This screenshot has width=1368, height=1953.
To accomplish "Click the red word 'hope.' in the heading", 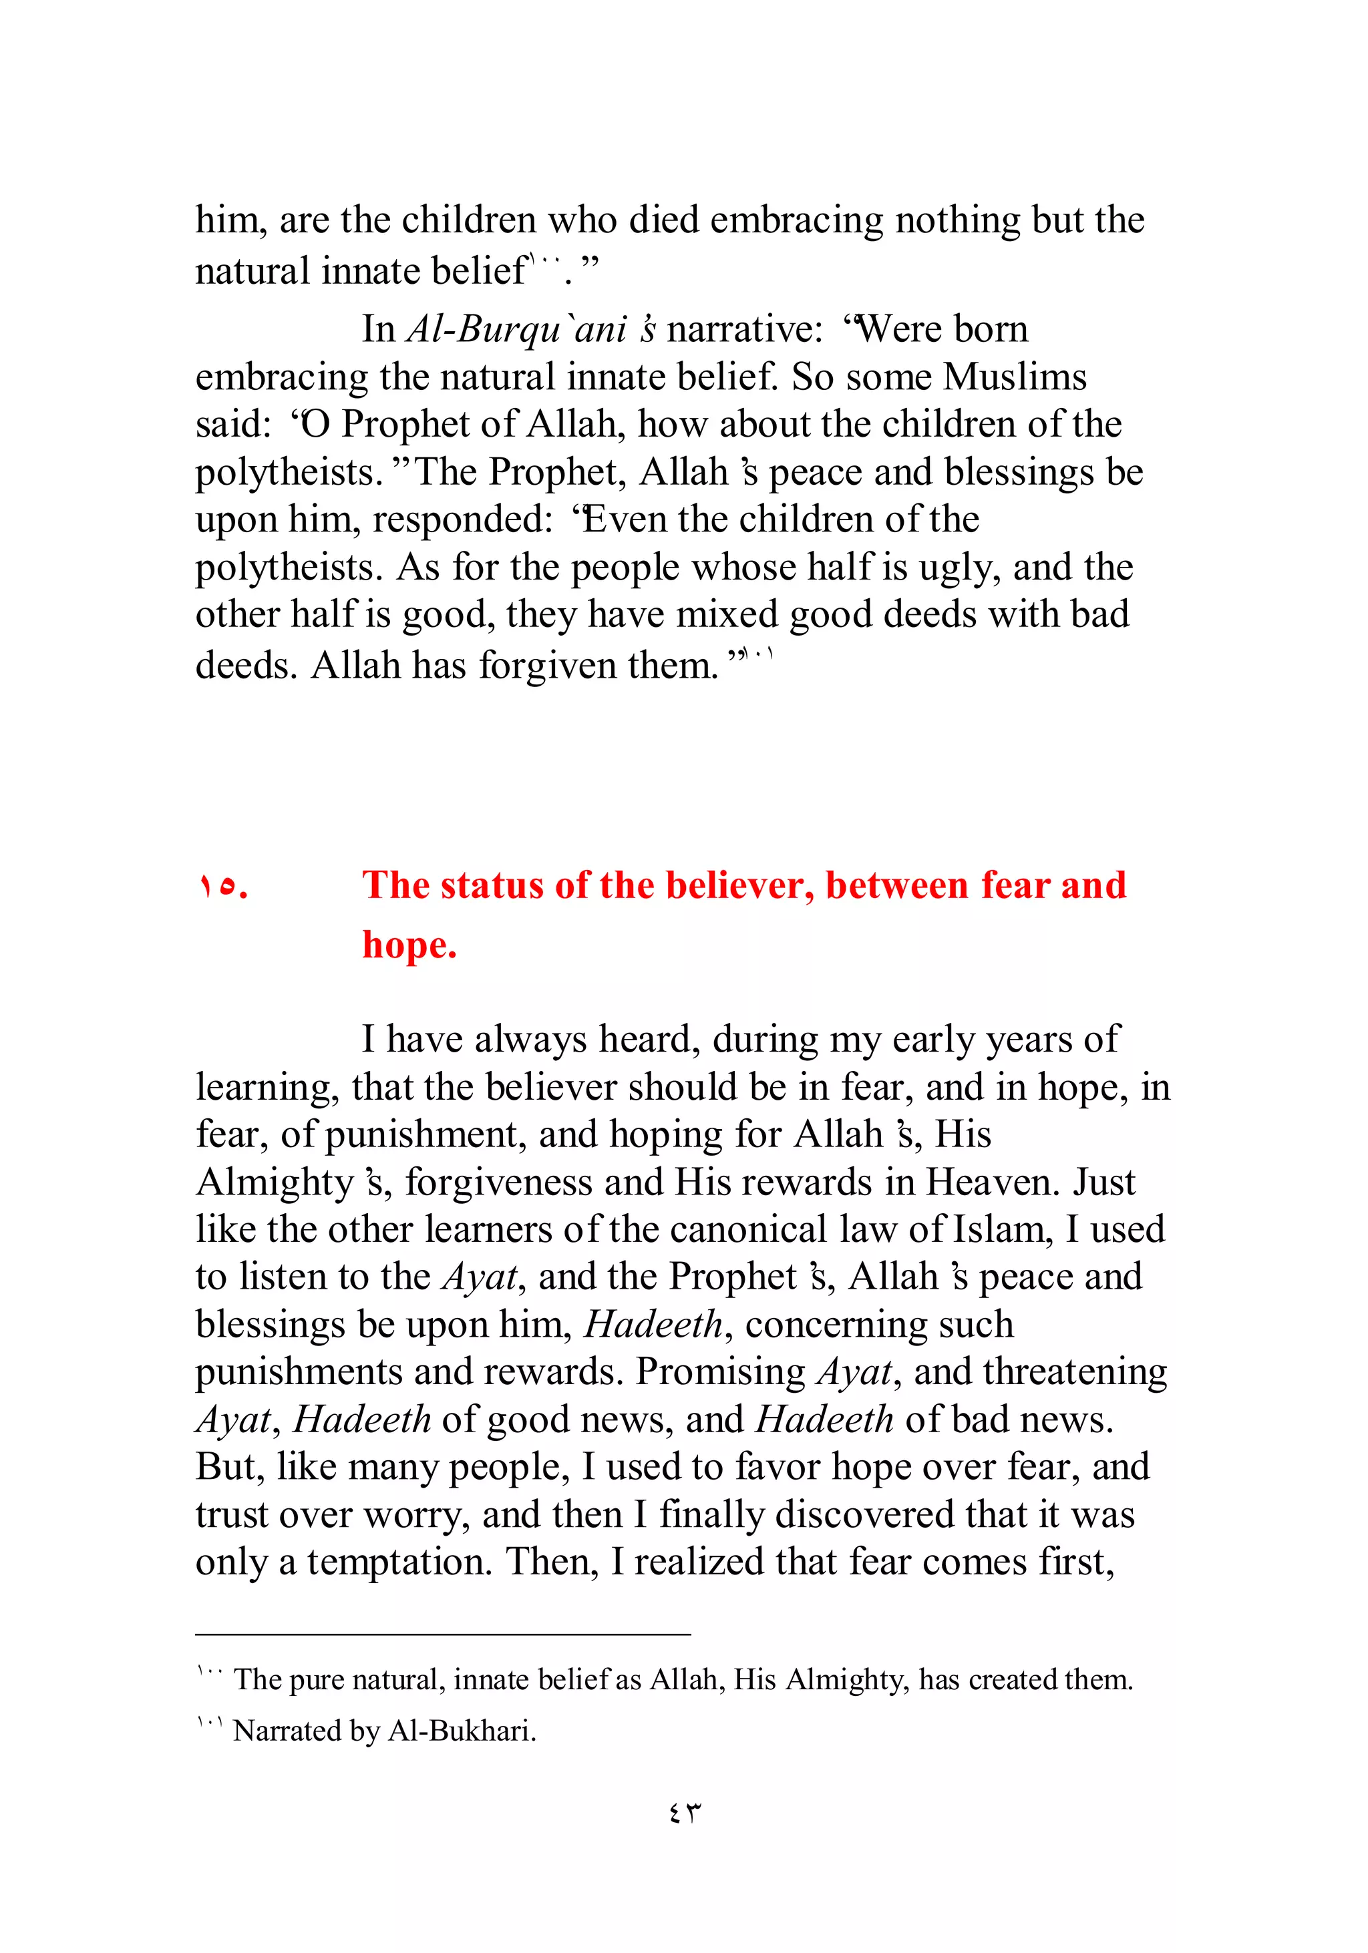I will pyautogui.click(x=409, y=945).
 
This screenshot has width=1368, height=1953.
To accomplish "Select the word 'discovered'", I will pyautogui.click(x=864, y=1515).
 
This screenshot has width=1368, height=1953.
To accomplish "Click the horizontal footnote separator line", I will pyautogui.click(x=442, y=1634).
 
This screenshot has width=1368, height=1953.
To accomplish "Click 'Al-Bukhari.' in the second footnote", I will pyautogui.click(x=462, y=1731).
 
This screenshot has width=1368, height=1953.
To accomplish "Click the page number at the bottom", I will pyautogui.click(x=684, y=1813).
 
